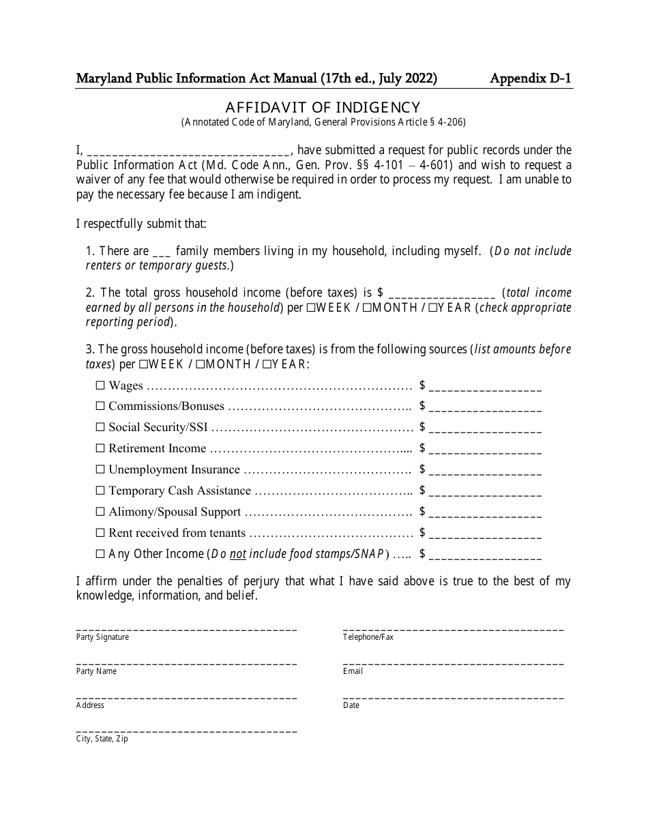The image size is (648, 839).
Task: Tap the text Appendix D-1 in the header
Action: pyautogui.click(x=531, y=78)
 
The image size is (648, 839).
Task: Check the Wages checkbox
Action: pyautogui.click(x=100, y=385)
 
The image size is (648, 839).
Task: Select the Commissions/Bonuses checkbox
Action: pyautogui.click(x=100, y=407)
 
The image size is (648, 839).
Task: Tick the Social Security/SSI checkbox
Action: pyautogui.click(x=100, y=428)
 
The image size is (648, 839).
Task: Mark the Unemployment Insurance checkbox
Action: pyautogui.click(x=100, y=470)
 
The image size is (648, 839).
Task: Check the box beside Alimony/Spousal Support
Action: pyautogui.click(x=100, y=512)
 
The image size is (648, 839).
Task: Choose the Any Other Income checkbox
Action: pyautogui.click(x=100, y=554)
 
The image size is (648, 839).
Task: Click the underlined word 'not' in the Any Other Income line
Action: pyautogui.click(x=237, y=554)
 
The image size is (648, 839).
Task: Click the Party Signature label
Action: pyautogui.click(x=102, y=637)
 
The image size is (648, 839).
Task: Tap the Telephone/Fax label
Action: pyautogui.click(x=368, y=637)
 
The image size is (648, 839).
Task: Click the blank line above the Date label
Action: pyautogui.click(x=453, y=697)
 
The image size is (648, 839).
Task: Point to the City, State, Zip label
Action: pyautogui.click(x=102, y=739)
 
